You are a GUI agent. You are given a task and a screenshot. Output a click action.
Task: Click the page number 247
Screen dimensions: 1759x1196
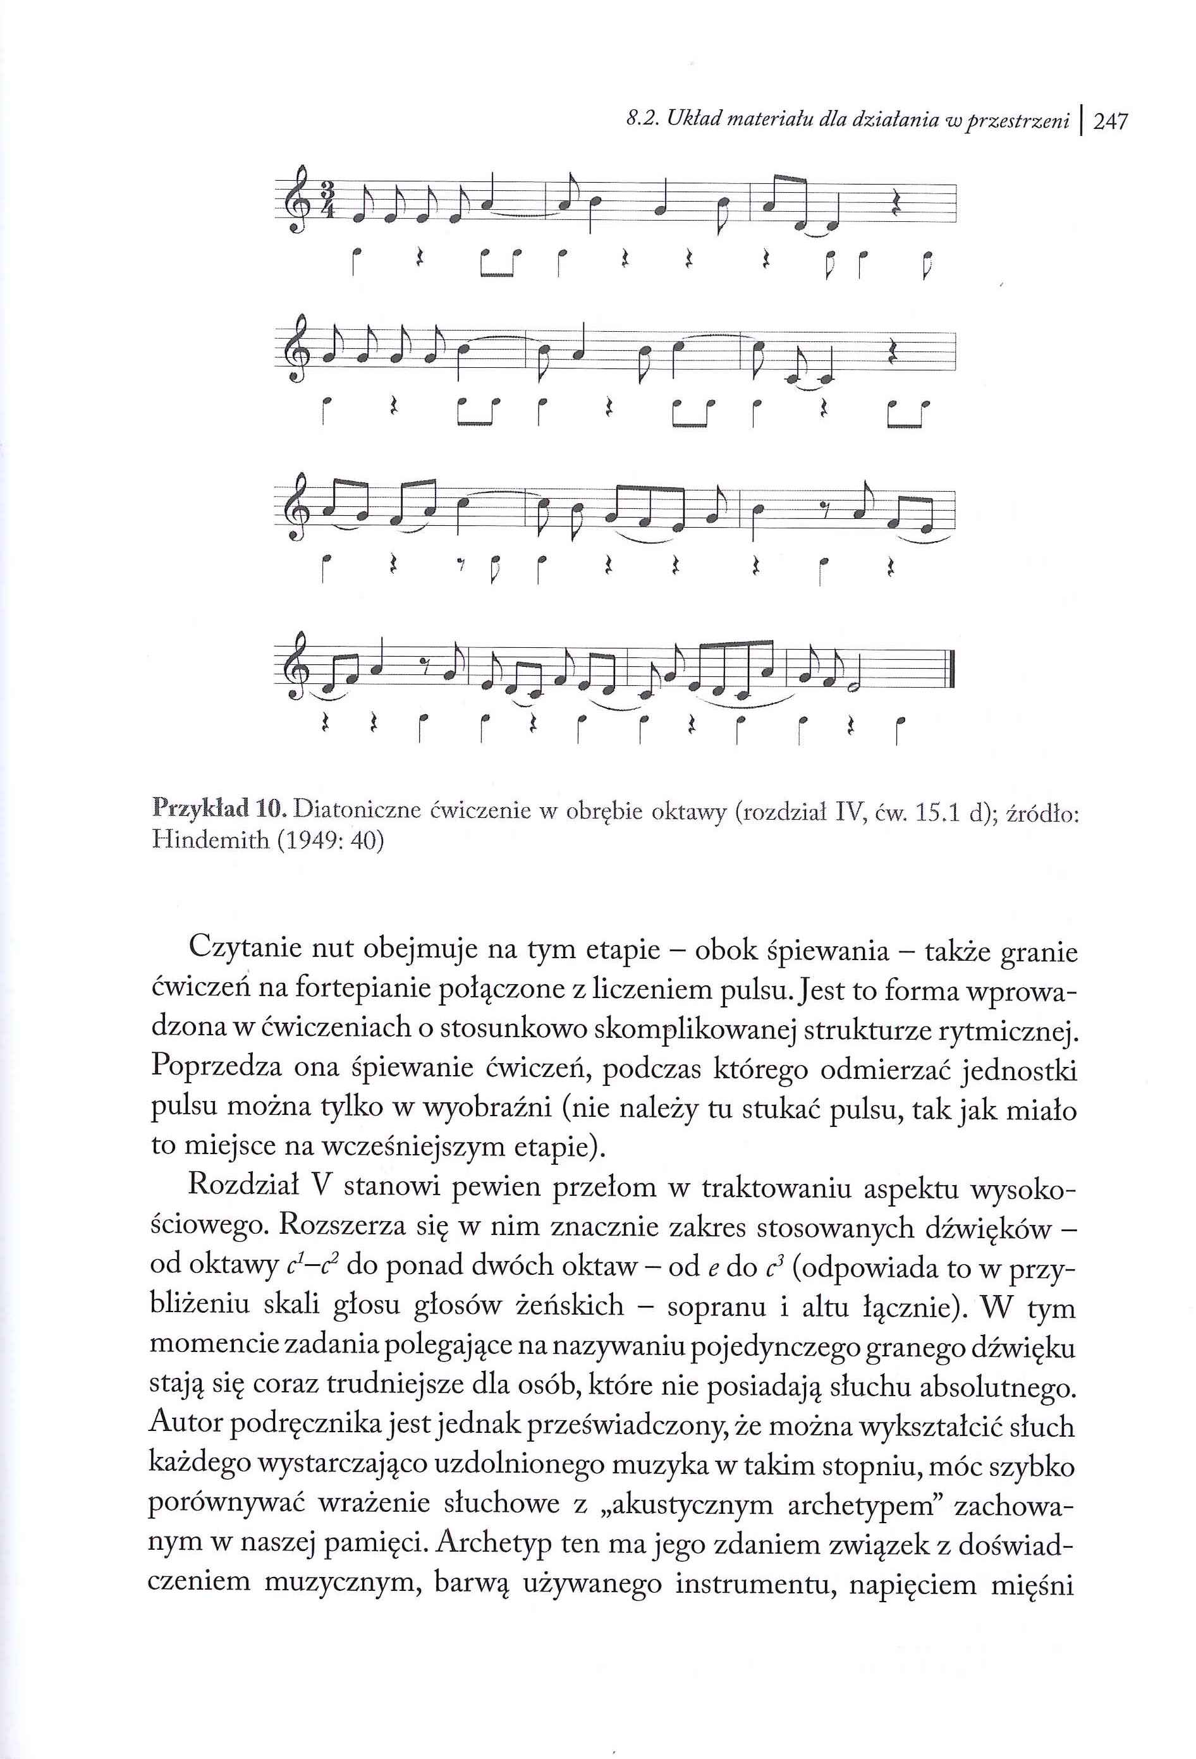[x=1111, y=122]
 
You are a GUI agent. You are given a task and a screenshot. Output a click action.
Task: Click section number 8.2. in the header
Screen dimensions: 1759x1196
[x=640, y=122]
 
